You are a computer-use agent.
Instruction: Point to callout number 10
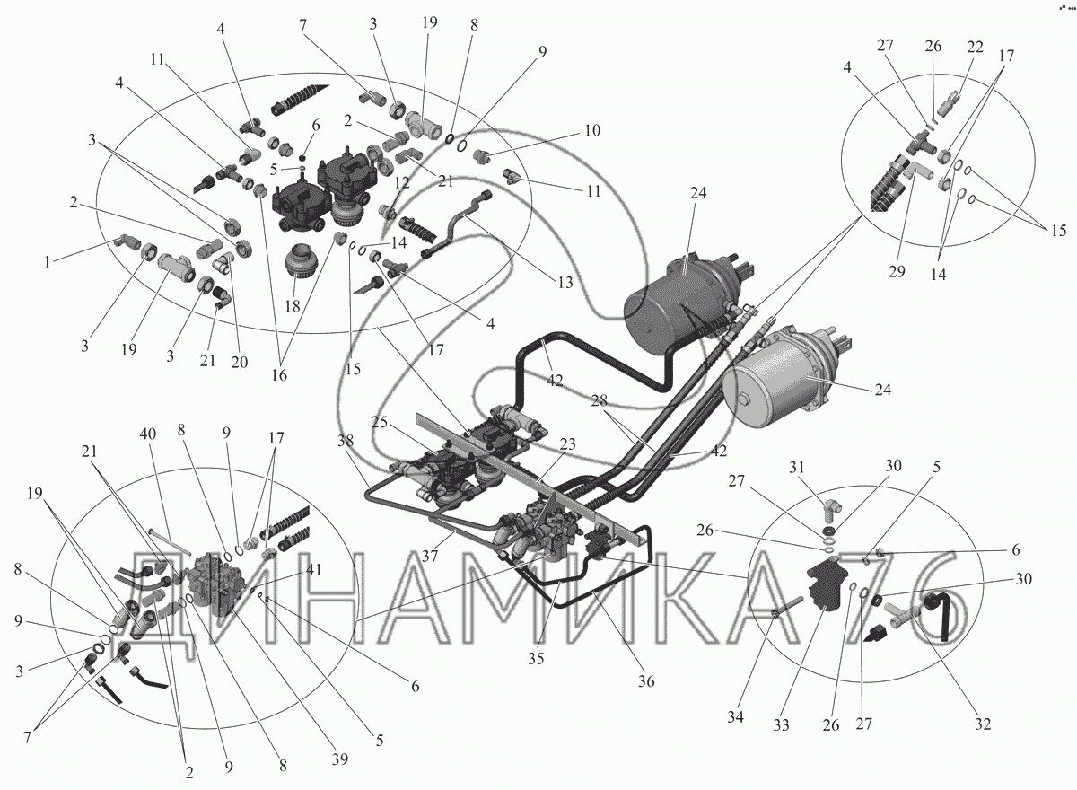(591, 131)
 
